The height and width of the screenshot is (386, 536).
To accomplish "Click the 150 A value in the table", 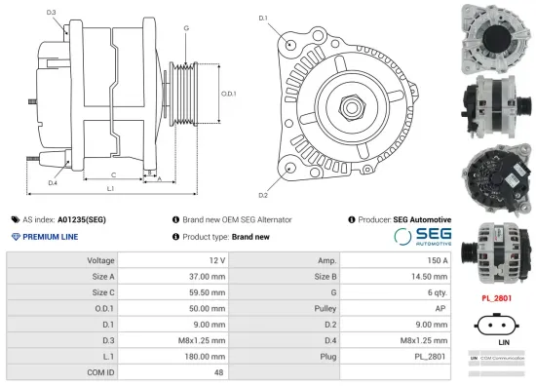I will (x=438, y=261).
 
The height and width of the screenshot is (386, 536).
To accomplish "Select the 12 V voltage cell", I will (x=216, y=261).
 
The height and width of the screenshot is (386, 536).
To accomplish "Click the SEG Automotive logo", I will (x=422, y=237).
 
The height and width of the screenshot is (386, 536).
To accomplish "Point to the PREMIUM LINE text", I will (x=52, y=237).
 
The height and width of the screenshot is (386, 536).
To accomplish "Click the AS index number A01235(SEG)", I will (x=82, y=220).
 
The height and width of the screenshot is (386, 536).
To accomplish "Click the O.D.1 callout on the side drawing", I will (x=229, y=94).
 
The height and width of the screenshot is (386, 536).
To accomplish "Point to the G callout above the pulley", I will (x=186, y=28).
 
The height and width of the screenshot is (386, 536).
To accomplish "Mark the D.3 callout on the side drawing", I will (x=51, y=13).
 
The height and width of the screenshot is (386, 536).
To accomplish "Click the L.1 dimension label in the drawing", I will (x=110, y=187).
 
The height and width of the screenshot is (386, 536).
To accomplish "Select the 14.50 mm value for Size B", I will (x=430, y=277).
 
